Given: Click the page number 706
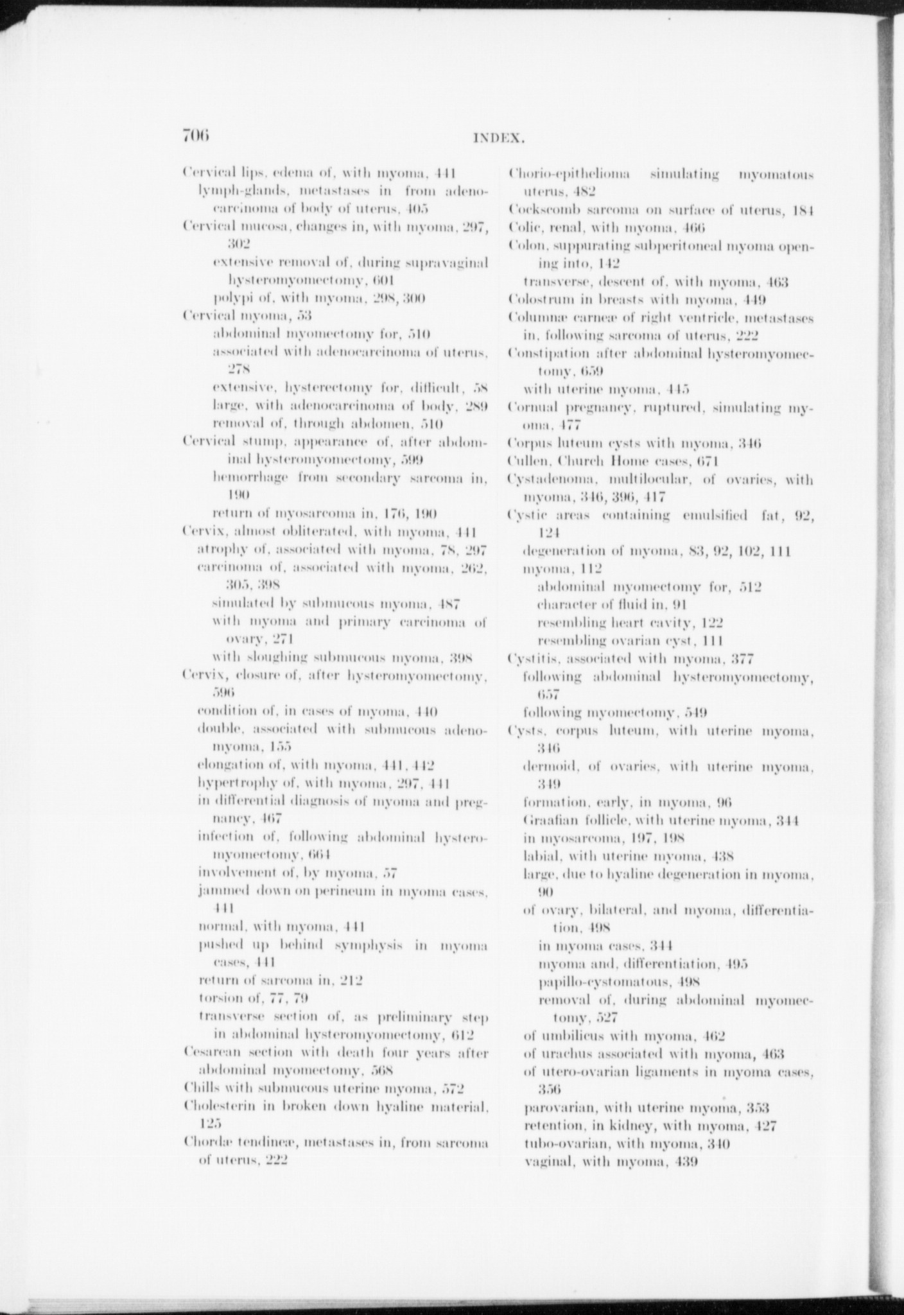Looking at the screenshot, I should coord(196,135).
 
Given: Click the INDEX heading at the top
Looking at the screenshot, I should coord(500,137).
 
